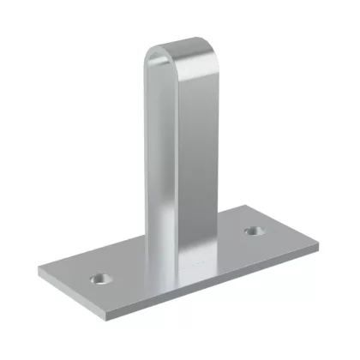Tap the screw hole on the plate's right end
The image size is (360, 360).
pyautogui.click(x=254, y=231)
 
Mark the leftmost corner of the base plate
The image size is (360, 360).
pyautogui.click(x=39, y=272)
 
